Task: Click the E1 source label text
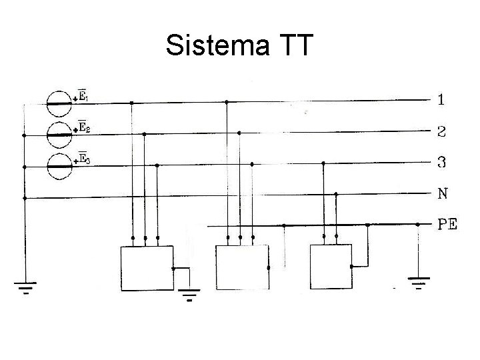coord(84,96)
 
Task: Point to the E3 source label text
coord(84,158)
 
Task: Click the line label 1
coord(442,100)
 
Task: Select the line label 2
coord(442,131)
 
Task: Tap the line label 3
coord(442,162)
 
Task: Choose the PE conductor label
coord(447,225)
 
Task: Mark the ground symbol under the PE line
coord(418,285)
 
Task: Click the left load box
coord(146,267)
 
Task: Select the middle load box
coord(241,267)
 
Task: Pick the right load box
coord(331,267)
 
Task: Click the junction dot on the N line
coord(336,194)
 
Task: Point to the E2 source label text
coord(84,127)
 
